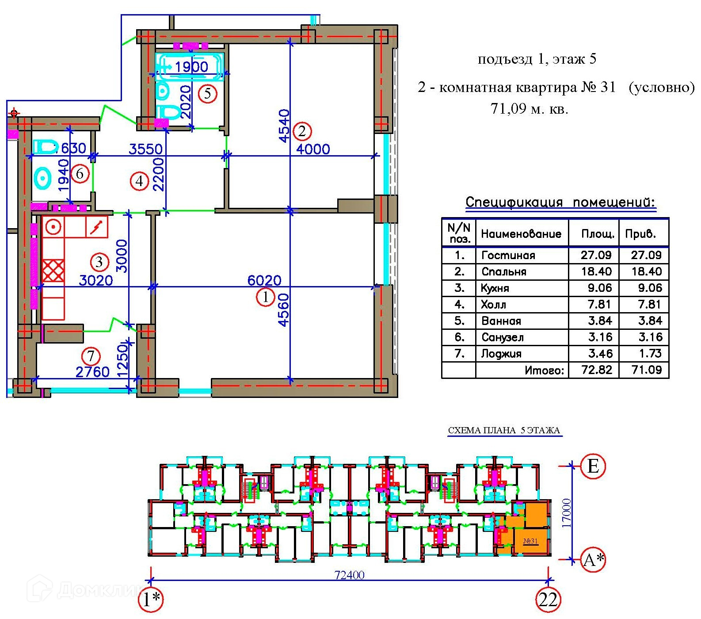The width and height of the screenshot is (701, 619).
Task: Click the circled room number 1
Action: pos(266,297)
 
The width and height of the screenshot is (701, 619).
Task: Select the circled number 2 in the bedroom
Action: pos(302,131)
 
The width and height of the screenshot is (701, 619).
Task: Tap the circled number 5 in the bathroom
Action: pos(207,94)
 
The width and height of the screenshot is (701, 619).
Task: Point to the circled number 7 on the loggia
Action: pos(91,356)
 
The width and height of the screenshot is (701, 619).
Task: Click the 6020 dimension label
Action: pos(264,280)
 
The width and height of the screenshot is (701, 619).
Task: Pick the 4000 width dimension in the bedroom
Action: pos(313,149)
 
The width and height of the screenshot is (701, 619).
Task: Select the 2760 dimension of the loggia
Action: pos(92,372)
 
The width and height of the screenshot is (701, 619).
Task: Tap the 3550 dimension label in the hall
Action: pos(146,149)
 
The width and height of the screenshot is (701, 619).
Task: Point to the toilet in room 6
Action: pos(46,147)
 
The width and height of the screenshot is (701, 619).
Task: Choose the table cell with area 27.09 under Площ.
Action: pos(596,255)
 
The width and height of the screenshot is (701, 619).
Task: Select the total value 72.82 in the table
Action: pos(596,370)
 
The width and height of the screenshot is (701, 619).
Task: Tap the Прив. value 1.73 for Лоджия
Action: pos(650,353)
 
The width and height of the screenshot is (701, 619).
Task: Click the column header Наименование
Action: pos(521,233)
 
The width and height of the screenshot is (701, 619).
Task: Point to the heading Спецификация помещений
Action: pos(560,203)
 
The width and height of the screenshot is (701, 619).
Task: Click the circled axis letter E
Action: pos(593,466)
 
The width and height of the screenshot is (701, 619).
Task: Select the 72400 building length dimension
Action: pos(350,575)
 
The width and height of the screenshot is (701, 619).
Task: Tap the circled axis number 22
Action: pos(548,600)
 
